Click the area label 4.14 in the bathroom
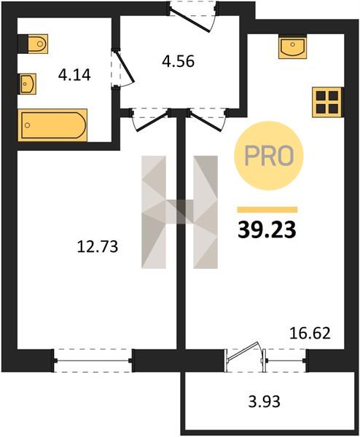click(74, 75)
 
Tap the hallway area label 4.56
click(178, 61)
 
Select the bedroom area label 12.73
click(98, 247)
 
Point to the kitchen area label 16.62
click(310, 333)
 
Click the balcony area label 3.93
click(264, 401)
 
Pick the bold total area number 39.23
click(267, 230)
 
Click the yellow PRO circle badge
click(269, 156)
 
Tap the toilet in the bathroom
click(33, 44)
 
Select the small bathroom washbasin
click(28, 84)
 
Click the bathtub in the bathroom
click(52, 125)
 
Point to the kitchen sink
click(292, 47)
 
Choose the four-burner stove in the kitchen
click(327, 102)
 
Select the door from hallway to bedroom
click(150, 119)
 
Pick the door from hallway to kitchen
click(208, 119)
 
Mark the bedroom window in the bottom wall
click(93, 361)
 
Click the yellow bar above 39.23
click(267, 210)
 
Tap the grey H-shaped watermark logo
click(179, 212)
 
